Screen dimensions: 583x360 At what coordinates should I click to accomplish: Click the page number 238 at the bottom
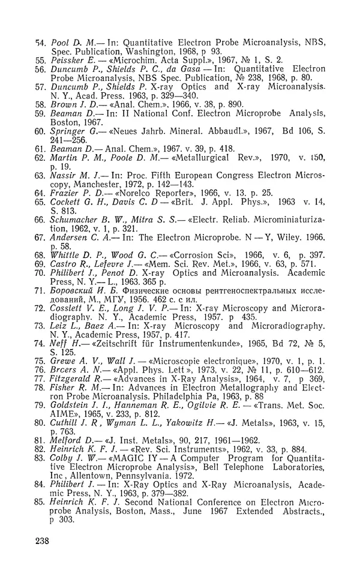click(41, 541)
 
